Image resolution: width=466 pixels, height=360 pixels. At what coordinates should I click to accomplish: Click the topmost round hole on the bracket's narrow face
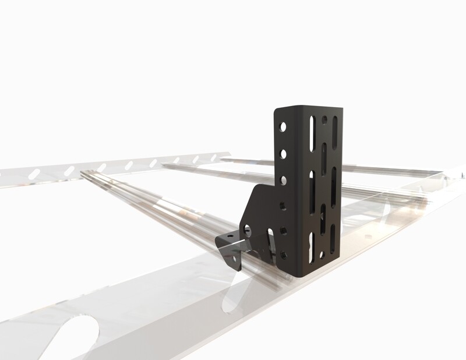[283, 126]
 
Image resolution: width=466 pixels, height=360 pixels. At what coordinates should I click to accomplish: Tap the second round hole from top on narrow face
[283, 154]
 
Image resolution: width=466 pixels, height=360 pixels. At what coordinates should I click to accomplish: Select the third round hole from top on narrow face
[283, 181]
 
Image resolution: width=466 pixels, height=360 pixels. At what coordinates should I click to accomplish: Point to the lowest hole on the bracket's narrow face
[283, 255]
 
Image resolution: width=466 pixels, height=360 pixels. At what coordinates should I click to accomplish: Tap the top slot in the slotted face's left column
[313, 133]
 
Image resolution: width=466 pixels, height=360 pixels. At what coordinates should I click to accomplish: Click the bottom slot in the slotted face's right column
[333, 238]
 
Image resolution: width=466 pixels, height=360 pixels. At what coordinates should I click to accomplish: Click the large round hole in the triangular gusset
[247, 230]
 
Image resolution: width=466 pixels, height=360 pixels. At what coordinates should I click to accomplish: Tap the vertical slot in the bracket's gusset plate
[270, 240]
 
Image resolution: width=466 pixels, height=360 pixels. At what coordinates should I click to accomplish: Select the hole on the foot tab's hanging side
[234, 259]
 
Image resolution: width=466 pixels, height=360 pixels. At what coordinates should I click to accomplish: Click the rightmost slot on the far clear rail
[213, 157]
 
